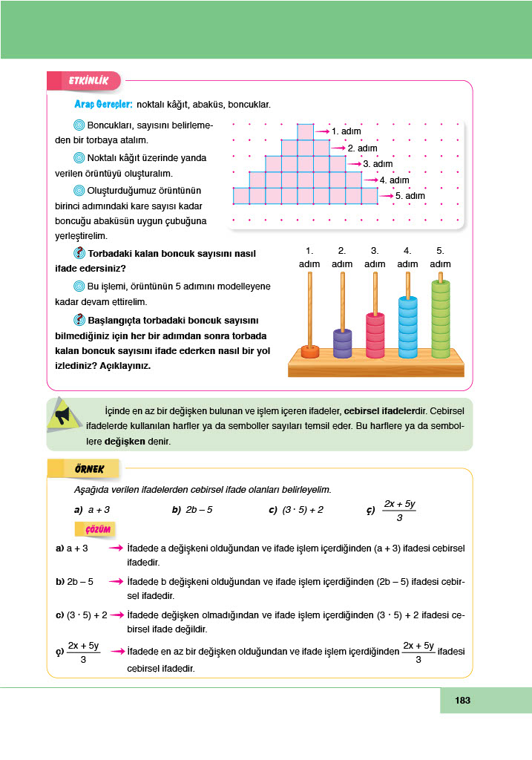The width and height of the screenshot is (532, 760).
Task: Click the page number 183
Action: pos(463,700)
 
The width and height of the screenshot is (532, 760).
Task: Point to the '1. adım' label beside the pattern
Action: pos(346,131)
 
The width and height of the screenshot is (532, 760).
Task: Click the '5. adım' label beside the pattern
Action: pos(410,196)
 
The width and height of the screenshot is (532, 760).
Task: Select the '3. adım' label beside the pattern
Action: pos(378,163)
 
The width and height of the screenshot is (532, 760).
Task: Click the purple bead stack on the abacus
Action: pos(342,344)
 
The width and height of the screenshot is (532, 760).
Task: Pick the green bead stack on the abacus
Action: pos(441,319)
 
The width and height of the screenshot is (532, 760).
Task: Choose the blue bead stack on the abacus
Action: pos(407,327)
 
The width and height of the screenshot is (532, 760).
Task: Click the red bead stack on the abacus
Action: pos(375,335)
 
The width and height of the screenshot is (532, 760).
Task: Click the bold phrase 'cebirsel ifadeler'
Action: pos(378,410)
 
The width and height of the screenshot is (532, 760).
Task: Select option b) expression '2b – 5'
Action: pos(198,510)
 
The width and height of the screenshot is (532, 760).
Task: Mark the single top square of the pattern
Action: pos(305,131)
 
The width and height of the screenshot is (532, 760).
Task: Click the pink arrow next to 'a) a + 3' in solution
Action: pos(115,548)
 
